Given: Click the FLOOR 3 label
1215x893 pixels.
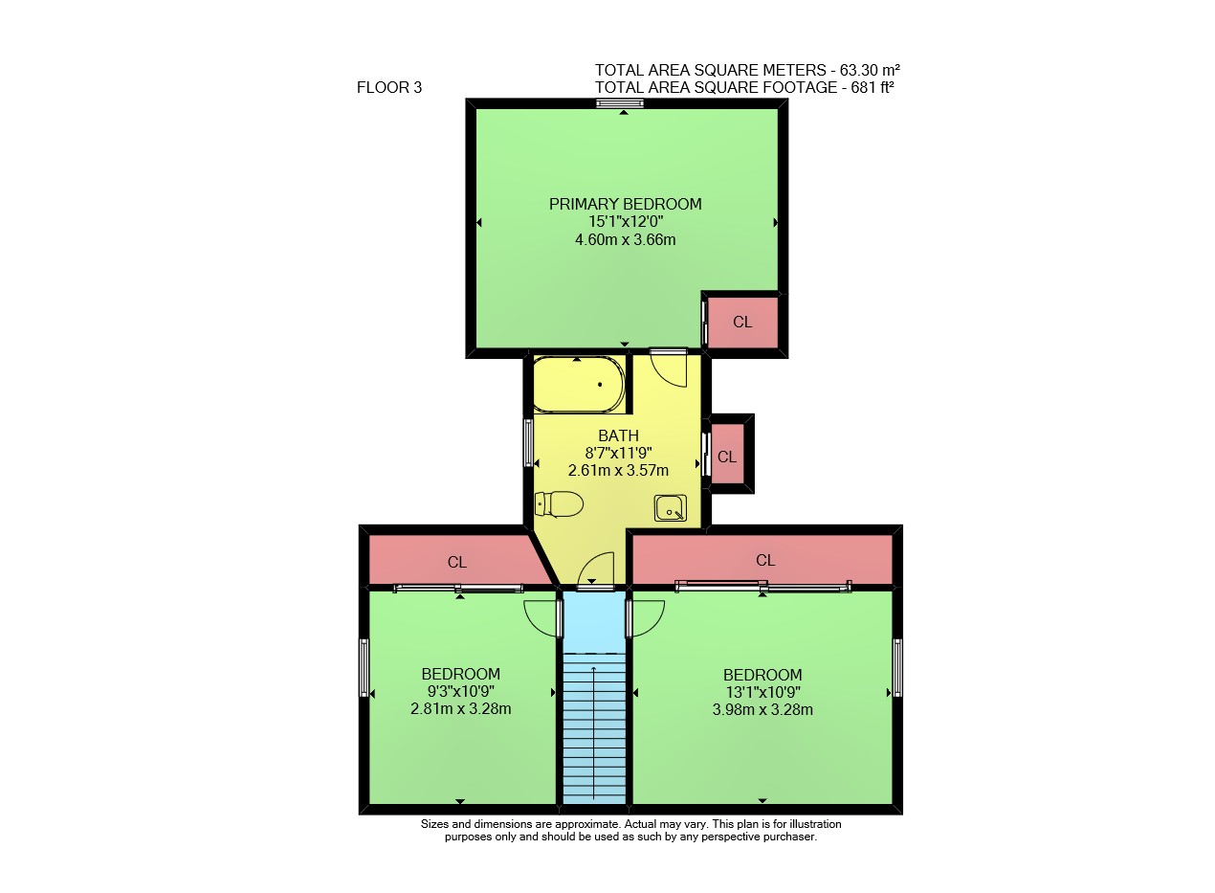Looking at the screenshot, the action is click(x=389, y=87).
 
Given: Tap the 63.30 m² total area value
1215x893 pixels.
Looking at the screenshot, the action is click(x=870, y=70).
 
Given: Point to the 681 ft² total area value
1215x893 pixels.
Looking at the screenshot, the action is click(x=873, y=87).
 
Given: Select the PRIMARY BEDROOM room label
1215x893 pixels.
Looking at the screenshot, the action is click(x=626, y=204).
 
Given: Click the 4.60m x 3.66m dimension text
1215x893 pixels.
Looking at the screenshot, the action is click(x=626, y=239).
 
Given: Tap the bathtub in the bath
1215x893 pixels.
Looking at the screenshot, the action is click(x=580, y=384).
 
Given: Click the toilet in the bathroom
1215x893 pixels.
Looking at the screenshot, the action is click(x=559, y=504).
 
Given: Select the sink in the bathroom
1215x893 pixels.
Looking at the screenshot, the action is click(x=671, y=508).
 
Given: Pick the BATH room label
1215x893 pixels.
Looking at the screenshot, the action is click(x=618, y=435).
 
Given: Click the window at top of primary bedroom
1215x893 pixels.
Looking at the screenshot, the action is click(x=619, y=103).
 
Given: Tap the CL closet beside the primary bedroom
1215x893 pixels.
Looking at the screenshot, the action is click(x=742, y=322).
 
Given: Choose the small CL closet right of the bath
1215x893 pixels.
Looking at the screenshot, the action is click(x=727, y=457).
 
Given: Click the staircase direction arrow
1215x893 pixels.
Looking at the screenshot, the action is click(x=593, y=733).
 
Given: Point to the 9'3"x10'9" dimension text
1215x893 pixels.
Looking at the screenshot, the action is click(x=461, y=691).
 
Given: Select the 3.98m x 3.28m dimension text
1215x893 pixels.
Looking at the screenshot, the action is click(x=762, y=709).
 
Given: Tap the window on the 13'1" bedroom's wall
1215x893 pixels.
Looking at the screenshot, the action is click(x=897, y=668).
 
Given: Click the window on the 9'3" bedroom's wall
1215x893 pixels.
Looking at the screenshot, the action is click(x=364, y=668).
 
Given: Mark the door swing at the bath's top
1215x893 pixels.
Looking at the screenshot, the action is click(x=669, y=370).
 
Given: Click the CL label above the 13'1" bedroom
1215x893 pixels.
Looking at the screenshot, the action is click(x=765, y=560).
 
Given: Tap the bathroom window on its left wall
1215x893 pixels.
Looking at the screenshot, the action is click(x=528, y=441).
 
